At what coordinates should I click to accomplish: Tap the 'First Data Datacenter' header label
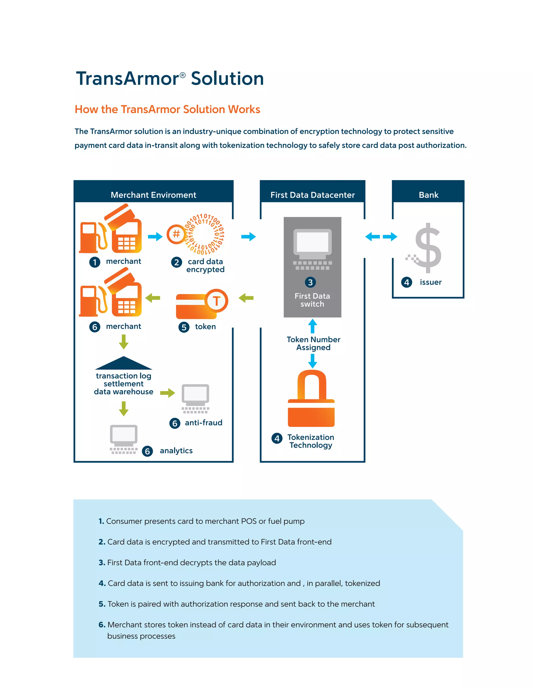pyautogui.click(x=312, y=195)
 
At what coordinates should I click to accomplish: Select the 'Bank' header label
pyautogui.click(x=428, y=195)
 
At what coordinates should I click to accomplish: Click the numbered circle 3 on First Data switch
pyautogui.click(x=310, y=282)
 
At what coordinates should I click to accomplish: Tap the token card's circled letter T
pyautogui.click(x=216, y=301)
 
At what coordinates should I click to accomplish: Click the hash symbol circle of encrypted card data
pyautogui.click(x=176, y=234)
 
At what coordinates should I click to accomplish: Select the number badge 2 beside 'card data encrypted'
pyautogui.click(x=176, y=262)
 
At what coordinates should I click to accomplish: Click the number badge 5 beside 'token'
pyautogui.click(x=184, y=327)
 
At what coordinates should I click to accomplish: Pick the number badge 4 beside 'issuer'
pyautogui.click(x=406, y=282)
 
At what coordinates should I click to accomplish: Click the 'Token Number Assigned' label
pyautogui.click(x=313, y=343)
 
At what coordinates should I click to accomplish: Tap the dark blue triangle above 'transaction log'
pyautogui.click(x=123, y=364)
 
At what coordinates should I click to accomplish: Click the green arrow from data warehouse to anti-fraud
pyautogui.click(x=167, y=393)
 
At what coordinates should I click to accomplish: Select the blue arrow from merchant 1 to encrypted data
pyautogui.click(x=155, y=237)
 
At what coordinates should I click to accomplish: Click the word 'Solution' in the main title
pyautogui.click(x=227, y=79)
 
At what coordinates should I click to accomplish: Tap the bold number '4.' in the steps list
pyautogui.click(x=102, y=583)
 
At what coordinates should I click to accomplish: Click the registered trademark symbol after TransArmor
pyautogui.click(x=182, y=75)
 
